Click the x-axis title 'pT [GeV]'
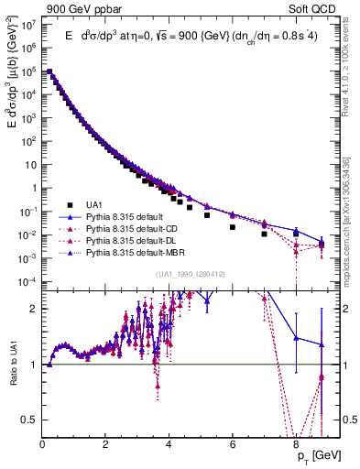(320, 454)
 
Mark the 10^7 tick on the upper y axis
(30, 25)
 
